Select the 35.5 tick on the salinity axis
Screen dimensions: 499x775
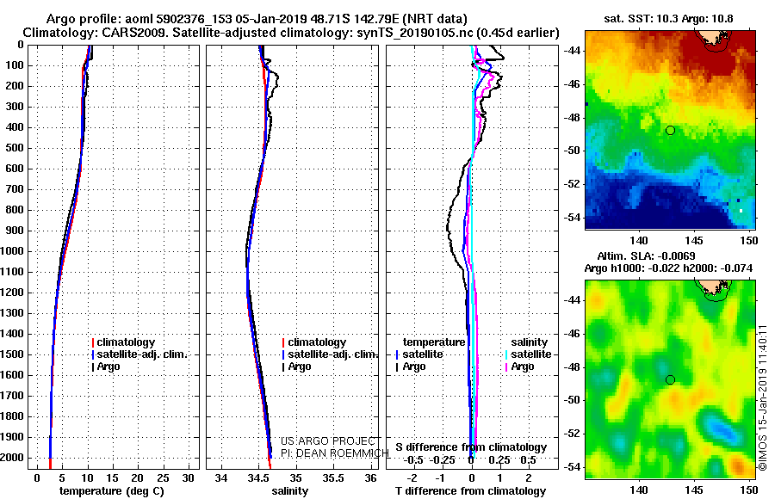pos(333,477)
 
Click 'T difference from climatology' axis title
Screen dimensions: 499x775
pos(470,490)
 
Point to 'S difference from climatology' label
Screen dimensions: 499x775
pos(470,447)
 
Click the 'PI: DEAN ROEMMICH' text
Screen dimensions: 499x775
pos(329,452)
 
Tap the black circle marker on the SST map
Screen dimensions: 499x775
pos(670,130)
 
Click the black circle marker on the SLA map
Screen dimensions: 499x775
pos(670,379)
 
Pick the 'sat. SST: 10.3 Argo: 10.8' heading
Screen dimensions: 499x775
pos(673,19)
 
